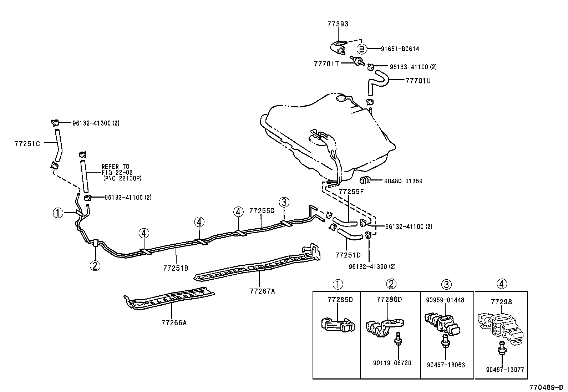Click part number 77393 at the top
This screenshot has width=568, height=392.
tap(338, 24)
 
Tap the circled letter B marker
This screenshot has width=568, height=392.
tap(361, 49)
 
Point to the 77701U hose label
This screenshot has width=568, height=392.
tap(418, 81)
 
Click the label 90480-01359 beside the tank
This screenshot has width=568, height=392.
tap(403, 181)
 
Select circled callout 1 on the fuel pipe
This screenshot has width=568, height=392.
tap(58, 213)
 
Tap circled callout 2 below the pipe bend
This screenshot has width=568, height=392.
tap(95, 265)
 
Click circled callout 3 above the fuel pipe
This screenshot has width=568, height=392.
tap(284, 202)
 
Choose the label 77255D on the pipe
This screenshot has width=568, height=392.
tap(262, 211)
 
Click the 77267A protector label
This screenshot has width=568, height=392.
tap(262, 291)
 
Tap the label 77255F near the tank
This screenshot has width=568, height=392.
tap(351, 192)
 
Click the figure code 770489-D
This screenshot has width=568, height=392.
tap(546, 387)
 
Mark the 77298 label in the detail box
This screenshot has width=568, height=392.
tap(501, 302)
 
